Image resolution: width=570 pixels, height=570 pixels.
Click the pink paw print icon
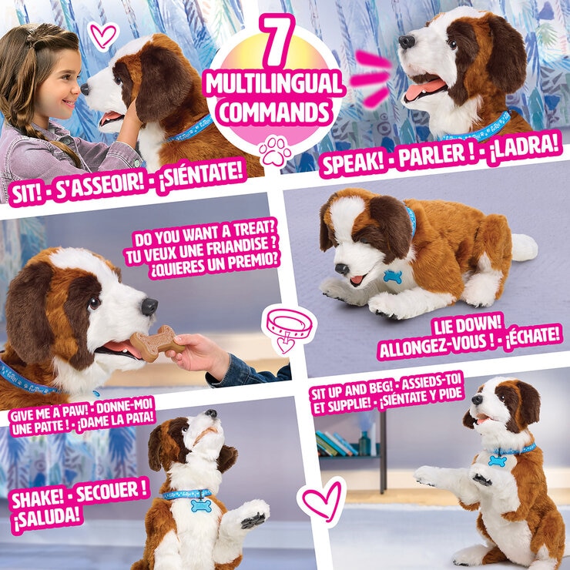[x=275, y=151]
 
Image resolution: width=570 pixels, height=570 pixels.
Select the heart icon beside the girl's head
[x=102, y=34]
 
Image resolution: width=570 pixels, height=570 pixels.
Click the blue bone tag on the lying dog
[x=393, y=276]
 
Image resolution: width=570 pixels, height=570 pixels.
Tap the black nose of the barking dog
[x=407, y=42]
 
